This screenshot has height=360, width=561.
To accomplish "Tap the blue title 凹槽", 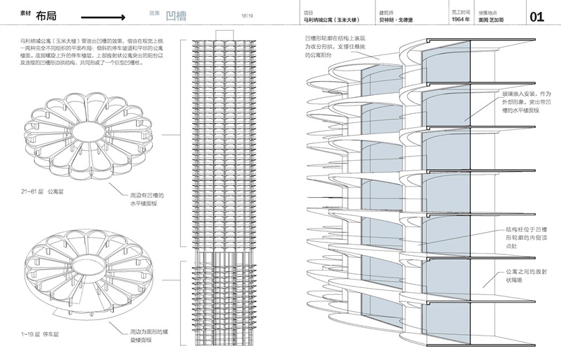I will (x=174, y=15).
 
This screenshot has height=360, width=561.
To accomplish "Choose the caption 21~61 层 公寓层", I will (x=42, y=190).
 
